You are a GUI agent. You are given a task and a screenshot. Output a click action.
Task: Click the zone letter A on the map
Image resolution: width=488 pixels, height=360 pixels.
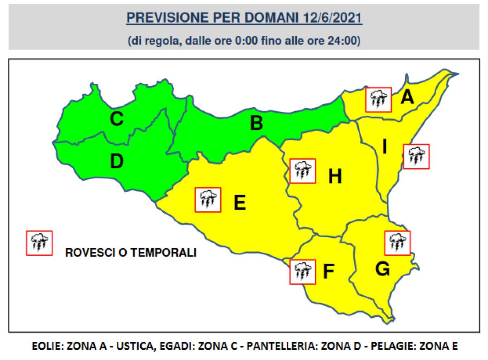coord(407,98)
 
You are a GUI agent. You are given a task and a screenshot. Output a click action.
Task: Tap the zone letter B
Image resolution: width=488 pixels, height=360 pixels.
coord(256,123)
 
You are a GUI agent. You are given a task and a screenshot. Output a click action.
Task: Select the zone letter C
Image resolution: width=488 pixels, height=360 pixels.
coord(116,119)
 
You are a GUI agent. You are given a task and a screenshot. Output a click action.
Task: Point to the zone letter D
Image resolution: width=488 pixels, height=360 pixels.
coord(117,162)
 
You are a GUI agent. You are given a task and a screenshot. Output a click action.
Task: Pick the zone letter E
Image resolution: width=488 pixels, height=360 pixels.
coord(240,202)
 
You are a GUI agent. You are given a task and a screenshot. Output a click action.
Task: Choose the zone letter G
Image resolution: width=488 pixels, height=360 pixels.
coord(383,268)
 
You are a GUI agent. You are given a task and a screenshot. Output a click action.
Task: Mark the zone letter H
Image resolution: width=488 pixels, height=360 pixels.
coord(335,176)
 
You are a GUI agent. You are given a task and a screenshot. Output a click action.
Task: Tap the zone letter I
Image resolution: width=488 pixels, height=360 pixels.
coord(384,147)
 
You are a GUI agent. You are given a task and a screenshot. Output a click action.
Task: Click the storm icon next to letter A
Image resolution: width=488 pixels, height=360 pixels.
coord(378,100)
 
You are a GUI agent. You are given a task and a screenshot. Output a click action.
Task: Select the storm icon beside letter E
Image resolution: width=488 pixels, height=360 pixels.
coord(208,200)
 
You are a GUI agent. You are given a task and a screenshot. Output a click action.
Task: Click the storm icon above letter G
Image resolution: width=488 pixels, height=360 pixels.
coord(397,243)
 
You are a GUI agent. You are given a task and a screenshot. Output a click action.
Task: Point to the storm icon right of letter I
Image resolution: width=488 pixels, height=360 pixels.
coord(416,156)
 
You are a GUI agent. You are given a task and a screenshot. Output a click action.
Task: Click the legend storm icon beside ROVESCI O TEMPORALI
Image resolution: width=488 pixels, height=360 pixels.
coord(39,243)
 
